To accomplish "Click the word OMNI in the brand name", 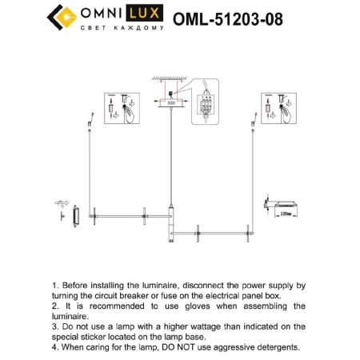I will click(x=101, y=14).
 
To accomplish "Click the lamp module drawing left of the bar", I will click(x=74, y=214).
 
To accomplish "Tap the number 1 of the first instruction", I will click(x=54, y=285).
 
